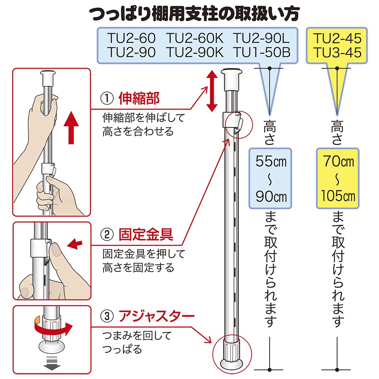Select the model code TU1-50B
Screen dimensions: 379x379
261,52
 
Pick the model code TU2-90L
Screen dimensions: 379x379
261,39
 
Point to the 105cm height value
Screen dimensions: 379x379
337,196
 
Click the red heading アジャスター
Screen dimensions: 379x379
156,315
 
